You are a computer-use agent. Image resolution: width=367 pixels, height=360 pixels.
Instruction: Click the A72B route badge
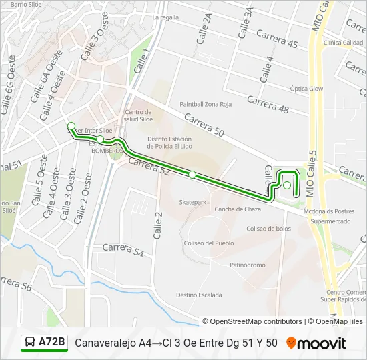(45, 343)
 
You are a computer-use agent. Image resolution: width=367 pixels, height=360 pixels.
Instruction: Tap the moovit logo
(317, 343)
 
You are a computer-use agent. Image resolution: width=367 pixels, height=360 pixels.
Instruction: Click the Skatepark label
(194, 201)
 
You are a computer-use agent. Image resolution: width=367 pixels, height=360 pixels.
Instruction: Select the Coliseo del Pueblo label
(209, 243)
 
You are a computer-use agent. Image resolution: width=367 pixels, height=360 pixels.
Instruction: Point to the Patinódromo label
(248, 265)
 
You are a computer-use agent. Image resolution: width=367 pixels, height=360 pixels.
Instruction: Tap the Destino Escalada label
(199, 295)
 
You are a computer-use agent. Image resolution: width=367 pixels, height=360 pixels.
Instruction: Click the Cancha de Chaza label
(237, 209)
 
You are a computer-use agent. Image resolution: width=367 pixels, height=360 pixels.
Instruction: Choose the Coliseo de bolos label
(269, 229)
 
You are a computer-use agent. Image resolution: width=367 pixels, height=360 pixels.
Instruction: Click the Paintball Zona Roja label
(206, 104)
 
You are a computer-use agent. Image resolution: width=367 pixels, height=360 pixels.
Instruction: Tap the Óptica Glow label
(306, 89)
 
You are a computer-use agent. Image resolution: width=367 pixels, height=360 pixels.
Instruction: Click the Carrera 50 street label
(204, 125)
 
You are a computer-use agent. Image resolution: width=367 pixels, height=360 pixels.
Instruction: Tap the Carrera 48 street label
(268, 104)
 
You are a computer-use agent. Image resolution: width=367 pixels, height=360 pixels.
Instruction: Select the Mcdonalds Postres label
(328, 210)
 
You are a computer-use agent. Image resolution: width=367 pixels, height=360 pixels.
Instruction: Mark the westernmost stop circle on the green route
(71, 125)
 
